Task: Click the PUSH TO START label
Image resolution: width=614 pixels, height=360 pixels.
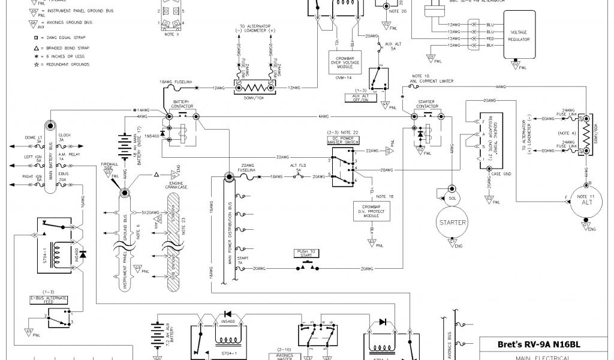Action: pyautogui.click(x=306, y=253)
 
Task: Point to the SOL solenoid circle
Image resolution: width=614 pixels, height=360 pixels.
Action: pyautogui.click(x=452, y=197)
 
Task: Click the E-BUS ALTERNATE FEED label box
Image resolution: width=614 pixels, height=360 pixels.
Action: pyautogui.click(x=49, y=299)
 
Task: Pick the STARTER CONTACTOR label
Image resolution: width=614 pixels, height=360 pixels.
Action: pyautogui.click(x=428, y=105)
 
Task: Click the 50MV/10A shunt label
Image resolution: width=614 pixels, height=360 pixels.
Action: pyautogui.click(x=253, y=97)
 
